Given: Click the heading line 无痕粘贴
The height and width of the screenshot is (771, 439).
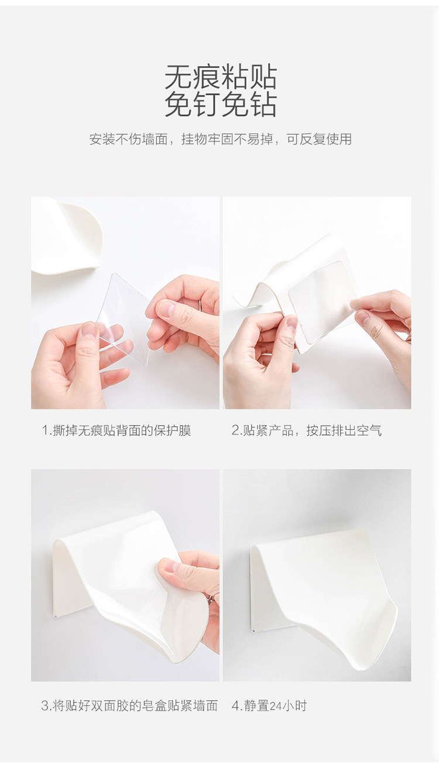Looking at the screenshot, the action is (221, 77).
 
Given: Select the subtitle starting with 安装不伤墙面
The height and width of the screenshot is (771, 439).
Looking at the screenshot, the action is (221, 139).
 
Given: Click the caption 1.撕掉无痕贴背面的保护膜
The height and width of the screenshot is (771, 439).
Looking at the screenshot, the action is (116, 430).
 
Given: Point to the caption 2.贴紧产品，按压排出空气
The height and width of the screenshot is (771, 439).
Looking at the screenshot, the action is (306, 430).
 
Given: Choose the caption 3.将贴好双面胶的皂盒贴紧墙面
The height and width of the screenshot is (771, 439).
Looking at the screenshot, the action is (130, 705).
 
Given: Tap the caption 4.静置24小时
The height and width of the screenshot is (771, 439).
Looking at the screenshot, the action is (269, 705).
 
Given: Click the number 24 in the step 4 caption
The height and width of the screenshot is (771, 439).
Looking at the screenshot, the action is (276, 706).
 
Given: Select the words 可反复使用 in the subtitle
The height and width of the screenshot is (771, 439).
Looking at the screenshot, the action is (319, 139).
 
